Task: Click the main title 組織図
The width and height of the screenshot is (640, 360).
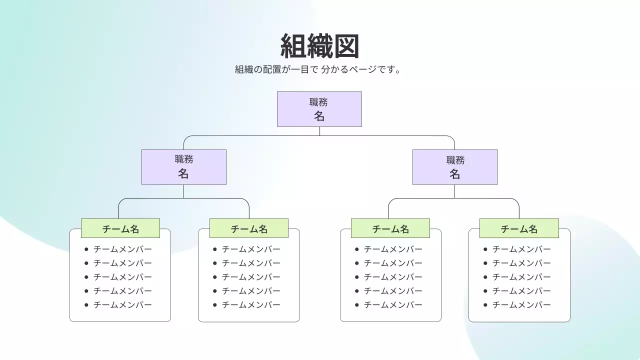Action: [319, 46]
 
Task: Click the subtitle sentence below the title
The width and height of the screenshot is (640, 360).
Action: [318, 69]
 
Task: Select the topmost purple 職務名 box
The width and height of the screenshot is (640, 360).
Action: [319, 109]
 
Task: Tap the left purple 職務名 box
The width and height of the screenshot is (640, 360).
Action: [183, 167]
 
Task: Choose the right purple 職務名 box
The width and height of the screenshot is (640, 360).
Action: [454, 167]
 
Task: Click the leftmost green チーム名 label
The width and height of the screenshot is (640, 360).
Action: [120, 228]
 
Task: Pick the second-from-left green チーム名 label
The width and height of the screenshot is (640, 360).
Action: [249, 228]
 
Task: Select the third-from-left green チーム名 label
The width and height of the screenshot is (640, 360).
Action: [390, 228]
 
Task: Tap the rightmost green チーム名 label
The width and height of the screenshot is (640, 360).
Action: [519, 228]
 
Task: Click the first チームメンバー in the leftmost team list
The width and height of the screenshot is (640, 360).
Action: [122, 249]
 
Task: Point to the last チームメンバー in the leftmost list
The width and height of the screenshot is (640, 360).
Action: [122, 305]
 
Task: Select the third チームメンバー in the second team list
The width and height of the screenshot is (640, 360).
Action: [251, 277]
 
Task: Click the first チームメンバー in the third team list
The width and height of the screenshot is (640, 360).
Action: [393, 249]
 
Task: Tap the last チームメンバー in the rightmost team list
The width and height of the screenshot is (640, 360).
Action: [521, 305]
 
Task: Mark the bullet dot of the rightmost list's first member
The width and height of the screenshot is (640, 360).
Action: [485, 249]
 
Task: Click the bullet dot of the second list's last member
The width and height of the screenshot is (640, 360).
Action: [215, 305]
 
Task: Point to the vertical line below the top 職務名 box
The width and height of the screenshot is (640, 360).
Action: [319, 131]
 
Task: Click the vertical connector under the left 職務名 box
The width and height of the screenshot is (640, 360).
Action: [183, 191]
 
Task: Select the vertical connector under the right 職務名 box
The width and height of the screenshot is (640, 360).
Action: [454, 191]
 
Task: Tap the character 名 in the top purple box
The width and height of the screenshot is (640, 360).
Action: [319, 116]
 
